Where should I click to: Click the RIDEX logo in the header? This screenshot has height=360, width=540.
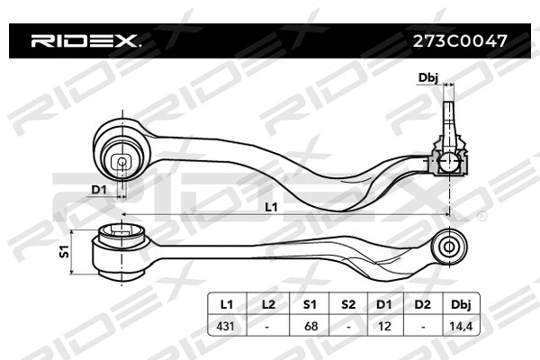coord(85,40)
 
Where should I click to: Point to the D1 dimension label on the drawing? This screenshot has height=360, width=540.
coord(99,189)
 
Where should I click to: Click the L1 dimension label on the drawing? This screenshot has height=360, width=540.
coord(272,207)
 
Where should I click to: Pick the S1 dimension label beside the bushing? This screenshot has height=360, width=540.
coord(65,253)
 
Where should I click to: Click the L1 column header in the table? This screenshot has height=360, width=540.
coord(227,304)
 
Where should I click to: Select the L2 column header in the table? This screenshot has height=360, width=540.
coord(267,304)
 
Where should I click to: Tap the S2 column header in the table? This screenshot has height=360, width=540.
coord(347,304)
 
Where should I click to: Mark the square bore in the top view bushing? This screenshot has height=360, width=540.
coord(122,163)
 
